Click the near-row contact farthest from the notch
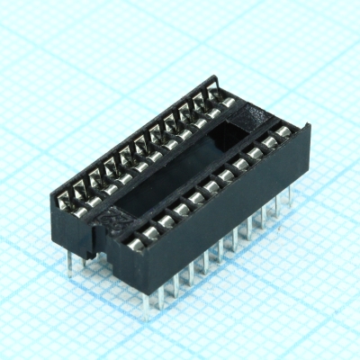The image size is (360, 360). tap(282, 133)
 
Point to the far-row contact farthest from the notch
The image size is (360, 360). tap(214, 94)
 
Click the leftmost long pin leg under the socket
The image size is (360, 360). tap(71, 260)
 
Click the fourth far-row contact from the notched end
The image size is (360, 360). tap(123, 156)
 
